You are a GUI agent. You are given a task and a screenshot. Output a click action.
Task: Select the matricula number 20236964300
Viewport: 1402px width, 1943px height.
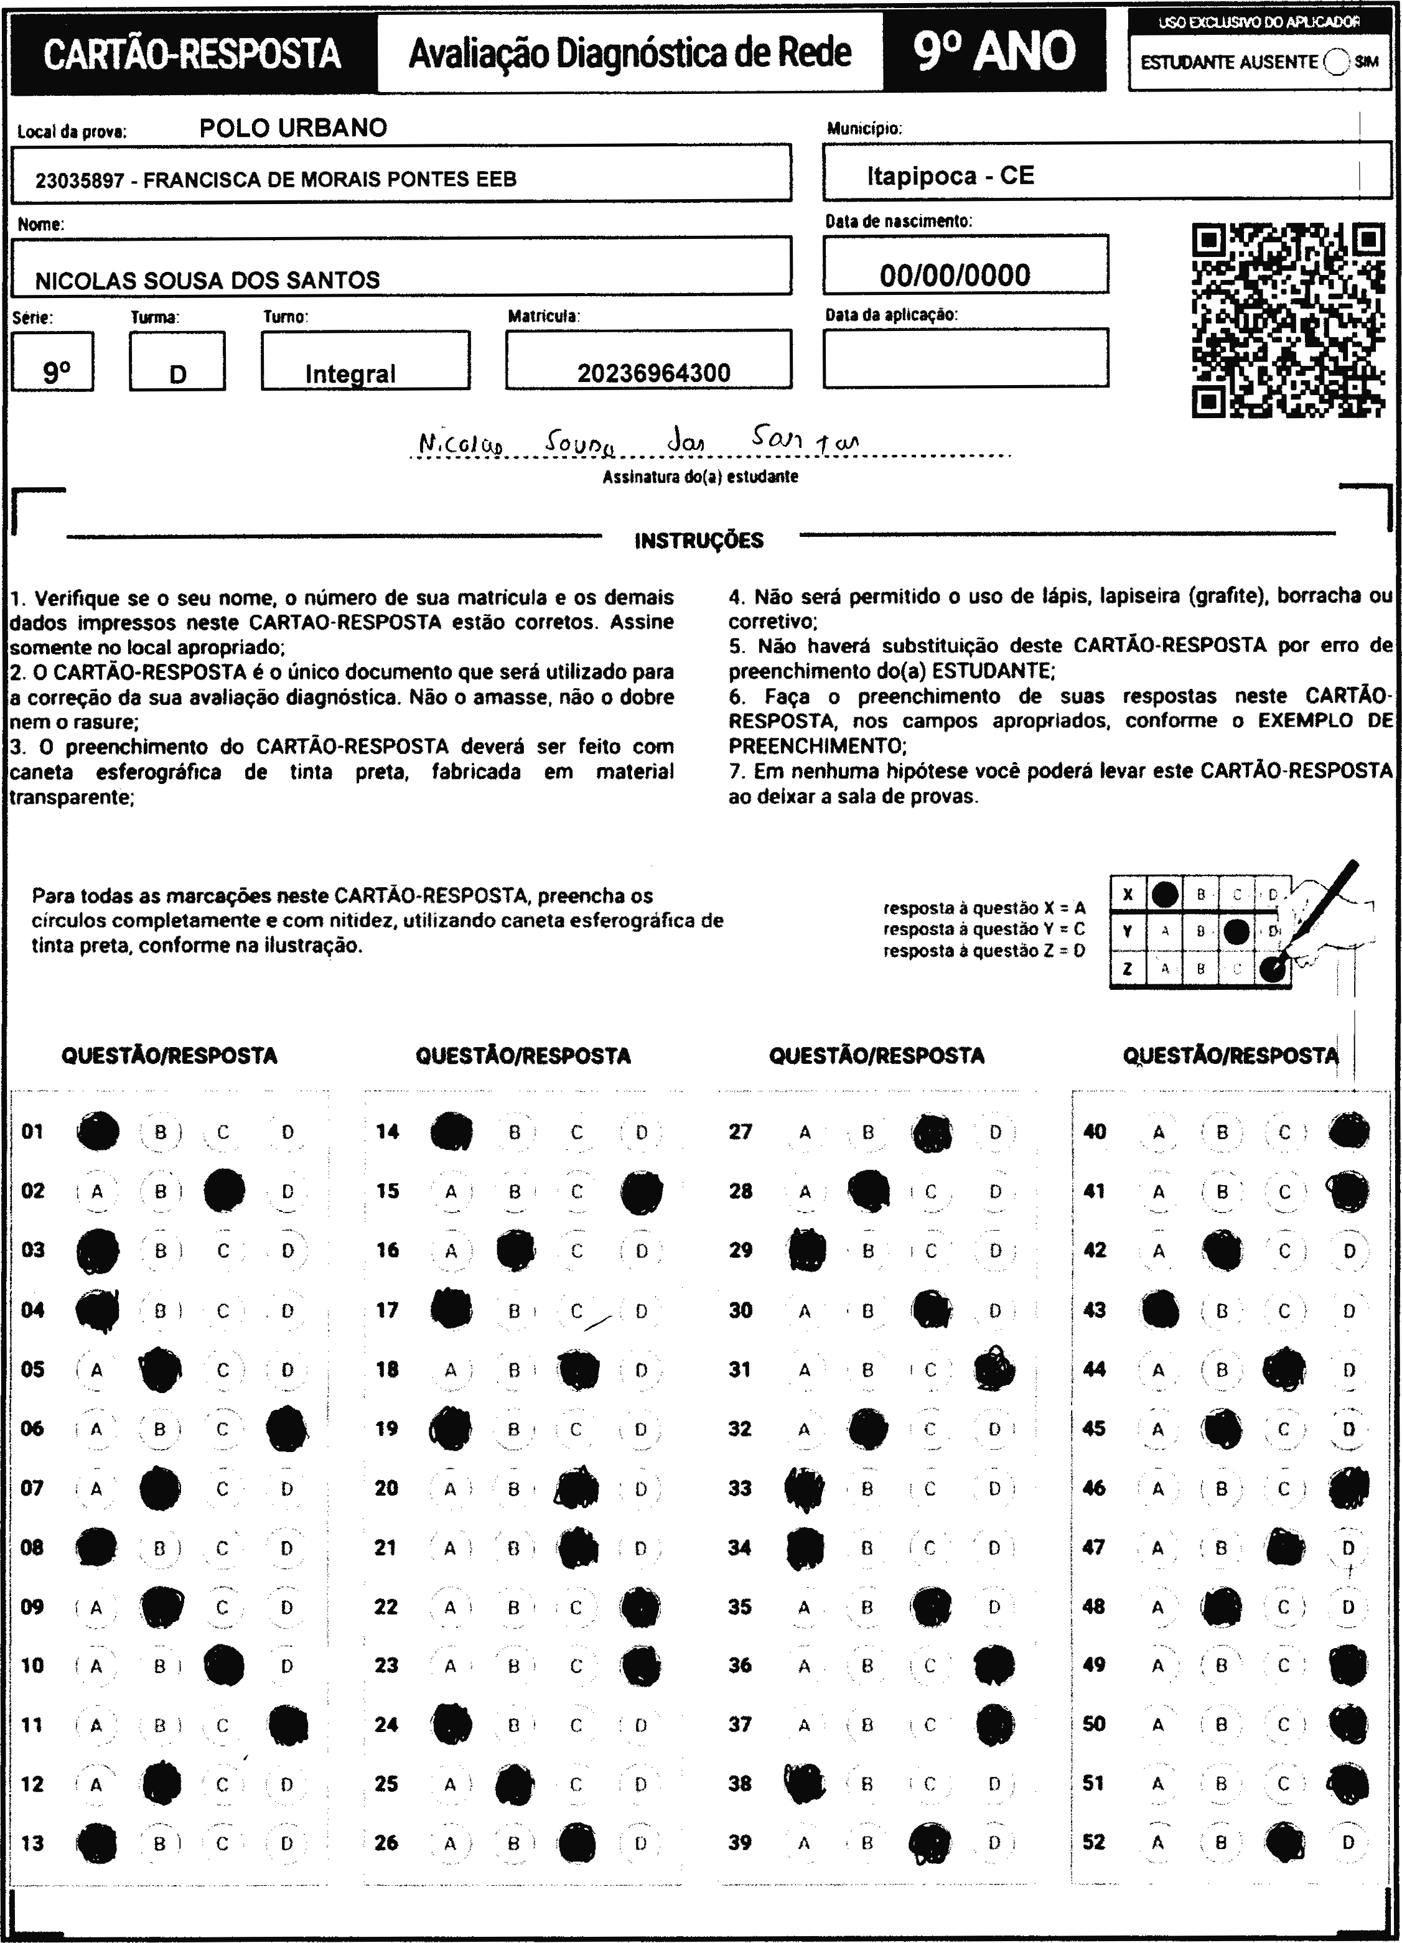(653, 373)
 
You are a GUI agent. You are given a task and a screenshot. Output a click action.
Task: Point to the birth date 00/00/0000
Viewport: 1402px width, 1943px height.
(955, 275)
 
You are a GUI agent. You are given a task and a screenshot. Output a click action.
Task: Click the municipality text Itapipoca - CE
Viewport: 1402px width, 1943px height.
(950, 175)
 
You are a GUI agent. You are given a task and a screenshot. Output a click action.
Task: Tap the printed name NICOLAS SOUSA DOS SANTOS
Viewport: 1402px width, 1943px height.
(207, 280)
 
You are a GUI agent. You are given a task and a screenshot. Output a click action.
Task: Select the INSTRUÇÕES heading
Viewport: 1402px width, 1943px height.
(698, 541)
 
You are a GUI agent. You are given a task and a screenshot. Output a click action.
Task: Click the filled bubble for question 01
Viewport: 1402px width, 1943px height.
(98, 1131)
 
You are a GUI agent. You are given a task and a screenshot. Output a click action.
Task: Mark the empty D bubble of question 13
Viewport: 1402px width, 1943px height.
(287, 1843)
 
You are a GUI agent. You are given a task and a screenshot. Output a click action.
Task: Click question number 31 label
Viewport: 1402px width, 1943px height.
(739, 1369)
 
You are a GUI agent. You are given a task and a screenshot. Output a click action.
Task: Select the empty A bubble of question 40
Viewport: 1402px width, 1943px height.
(1159, 1132)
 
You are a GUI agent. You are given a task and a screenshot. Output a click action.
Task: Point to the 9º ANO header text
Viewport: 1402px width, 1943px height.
(994, 52)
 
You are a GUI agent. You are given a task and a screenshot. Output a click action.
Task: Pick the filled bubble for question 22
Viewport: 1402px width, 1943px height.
(640, 1607)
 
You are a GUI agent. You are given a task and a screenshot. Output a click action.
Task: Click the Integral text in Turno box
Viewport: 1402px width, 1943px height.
(350, 373)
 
